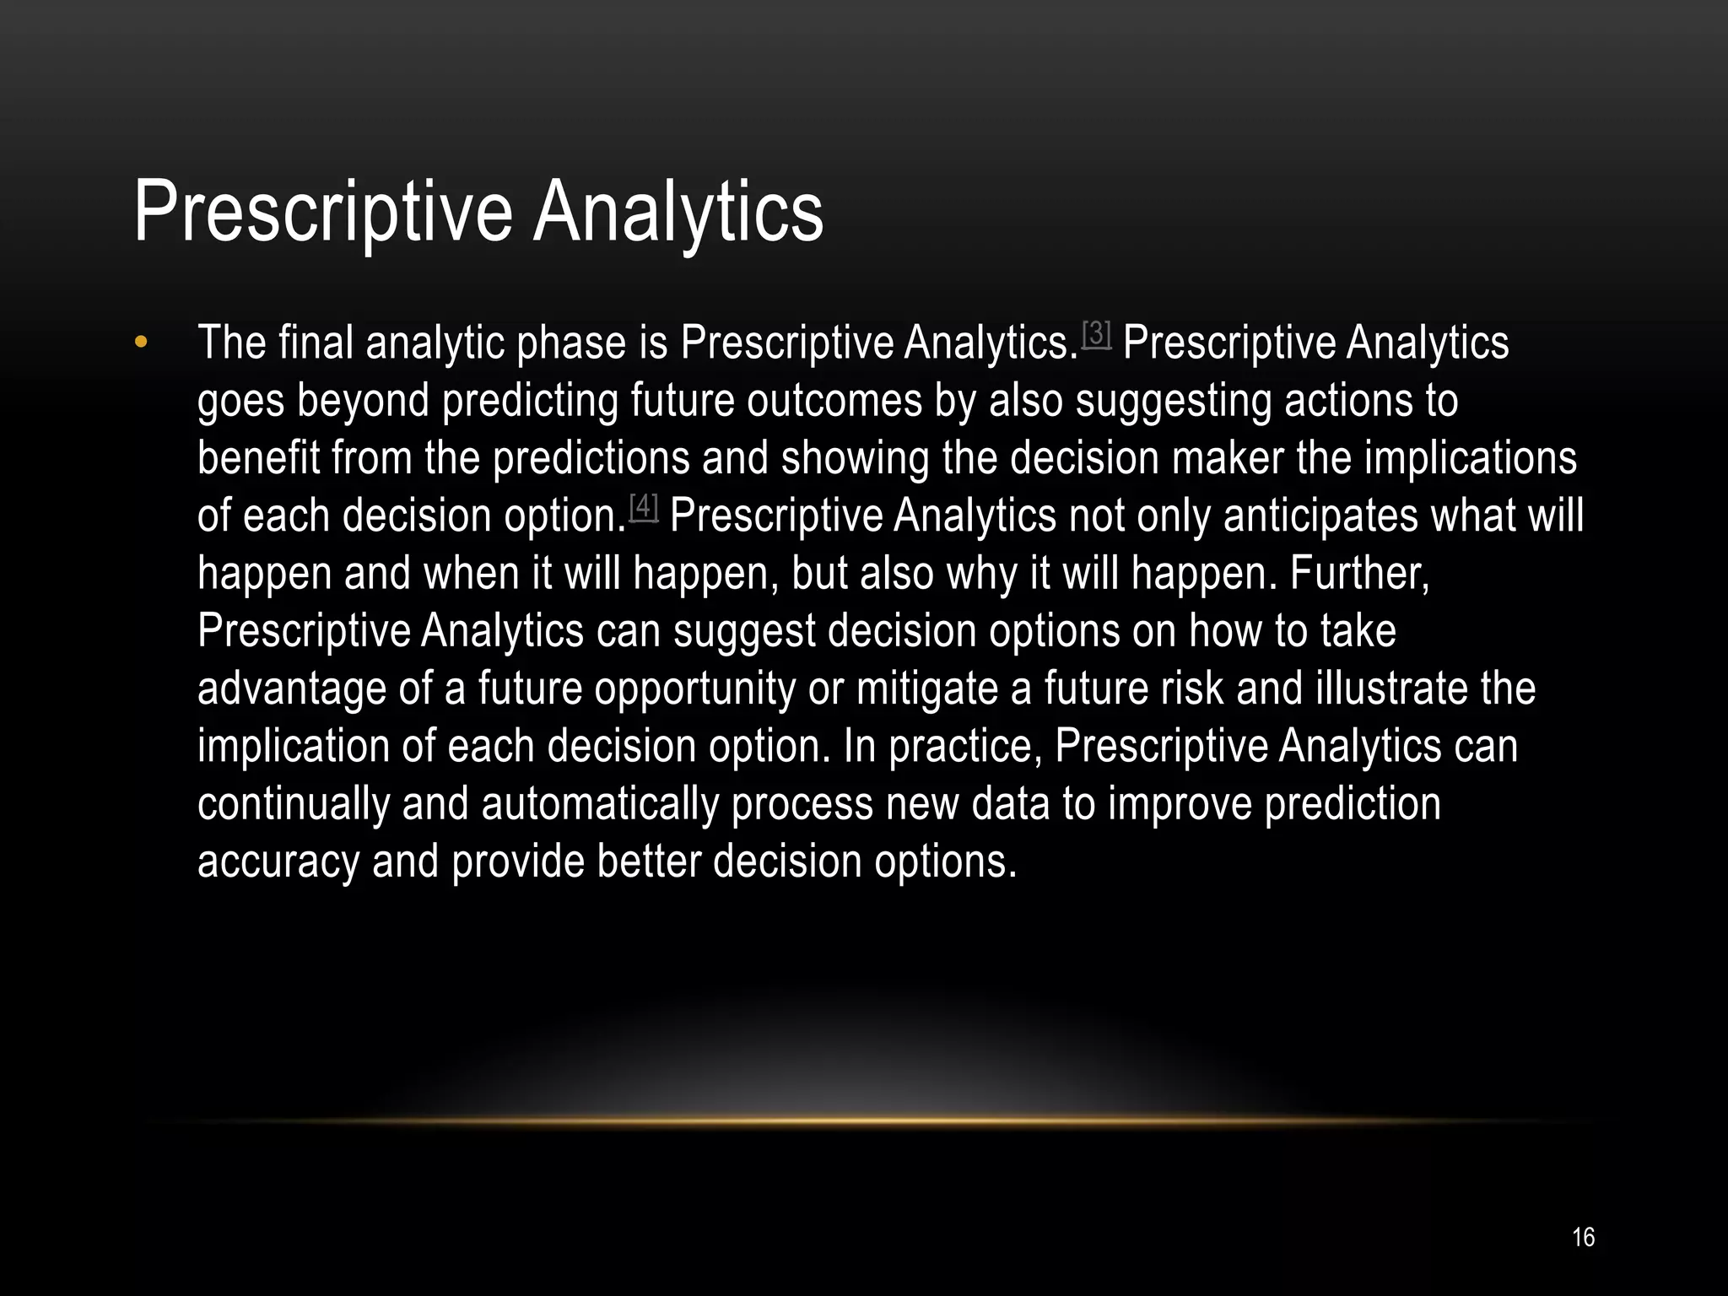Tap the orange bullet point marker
point(141,342)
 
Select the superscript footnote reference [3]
point(1096,333)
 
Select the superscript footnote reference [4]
point(644,506)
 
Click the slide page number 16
point(1583,1237)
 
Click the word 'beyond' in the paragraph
point(363,401)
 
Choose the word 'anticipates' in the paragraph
point(1320,516)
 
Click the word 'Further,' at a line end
point(1359,574)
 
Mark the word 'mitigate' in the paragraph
point(926,688)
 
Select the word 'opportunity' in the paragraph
point(694,688)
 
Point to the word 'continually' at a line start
point(293,803)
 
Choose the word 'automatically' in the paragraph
point(599,803)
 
